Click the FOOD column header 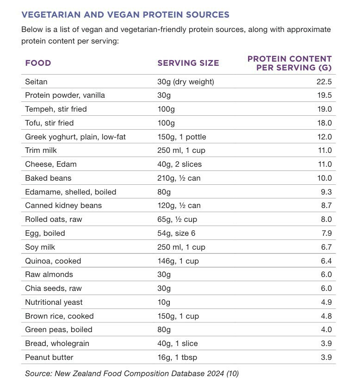pos(38,63)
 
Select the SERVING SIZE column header pos(188,63)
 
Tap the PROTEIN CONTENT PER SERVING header pos(289,63)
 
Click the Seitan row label pos(36,82)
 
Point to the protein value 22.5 pos(323,82)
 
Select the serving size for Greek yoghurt pos(181,137)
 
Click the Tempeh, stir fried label pos(56,109)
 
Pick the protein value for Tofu pos(323,123)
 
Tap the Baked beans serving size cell pos(179,178)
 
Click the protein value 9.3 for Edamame pos(326,192)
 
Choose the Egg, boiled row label pos(45,233)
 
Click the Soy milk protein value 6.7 pos(326,247)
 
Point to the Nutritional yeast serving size pos(164,302)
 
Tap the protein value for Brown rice pos(326,316)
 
